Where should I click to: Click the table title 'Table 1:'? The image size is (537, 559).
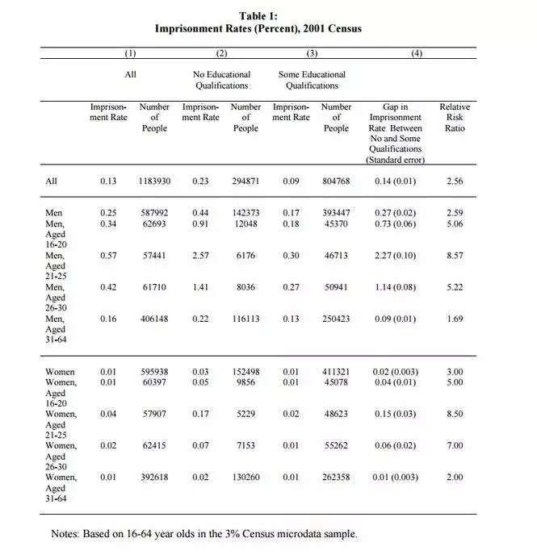coord(258,15)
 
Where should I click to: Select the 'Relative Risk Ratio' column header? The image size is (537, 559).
coord(455,118)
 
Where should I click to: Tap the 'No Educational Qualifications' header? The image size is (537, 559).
coord(221,80)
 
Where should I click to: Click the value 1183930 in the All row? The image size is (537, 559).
coord(154,181)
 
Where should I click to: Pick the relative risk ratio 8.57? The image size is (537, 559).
coord(455,255)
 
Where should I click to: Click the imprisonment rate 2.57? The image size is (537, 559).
coord(200,255)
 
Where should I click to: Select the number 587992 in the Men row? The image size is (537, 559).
coord(154,212)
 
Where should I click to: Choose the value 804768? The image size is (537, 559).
coord(336,181)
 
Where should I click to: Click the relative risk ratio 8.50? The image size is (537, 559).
coord(455,414)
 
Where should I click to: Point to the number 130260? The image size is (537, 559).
coord(245,477)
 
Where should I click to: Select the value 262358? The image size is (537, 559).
coord(336,477)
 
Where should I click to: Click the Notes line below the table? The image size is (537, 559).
coord(203,533)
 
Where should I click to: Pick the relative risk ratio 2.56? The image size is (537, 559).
coord(455,181)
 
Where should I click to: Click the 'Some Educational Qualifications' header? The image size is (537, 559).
coord(312,80)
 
